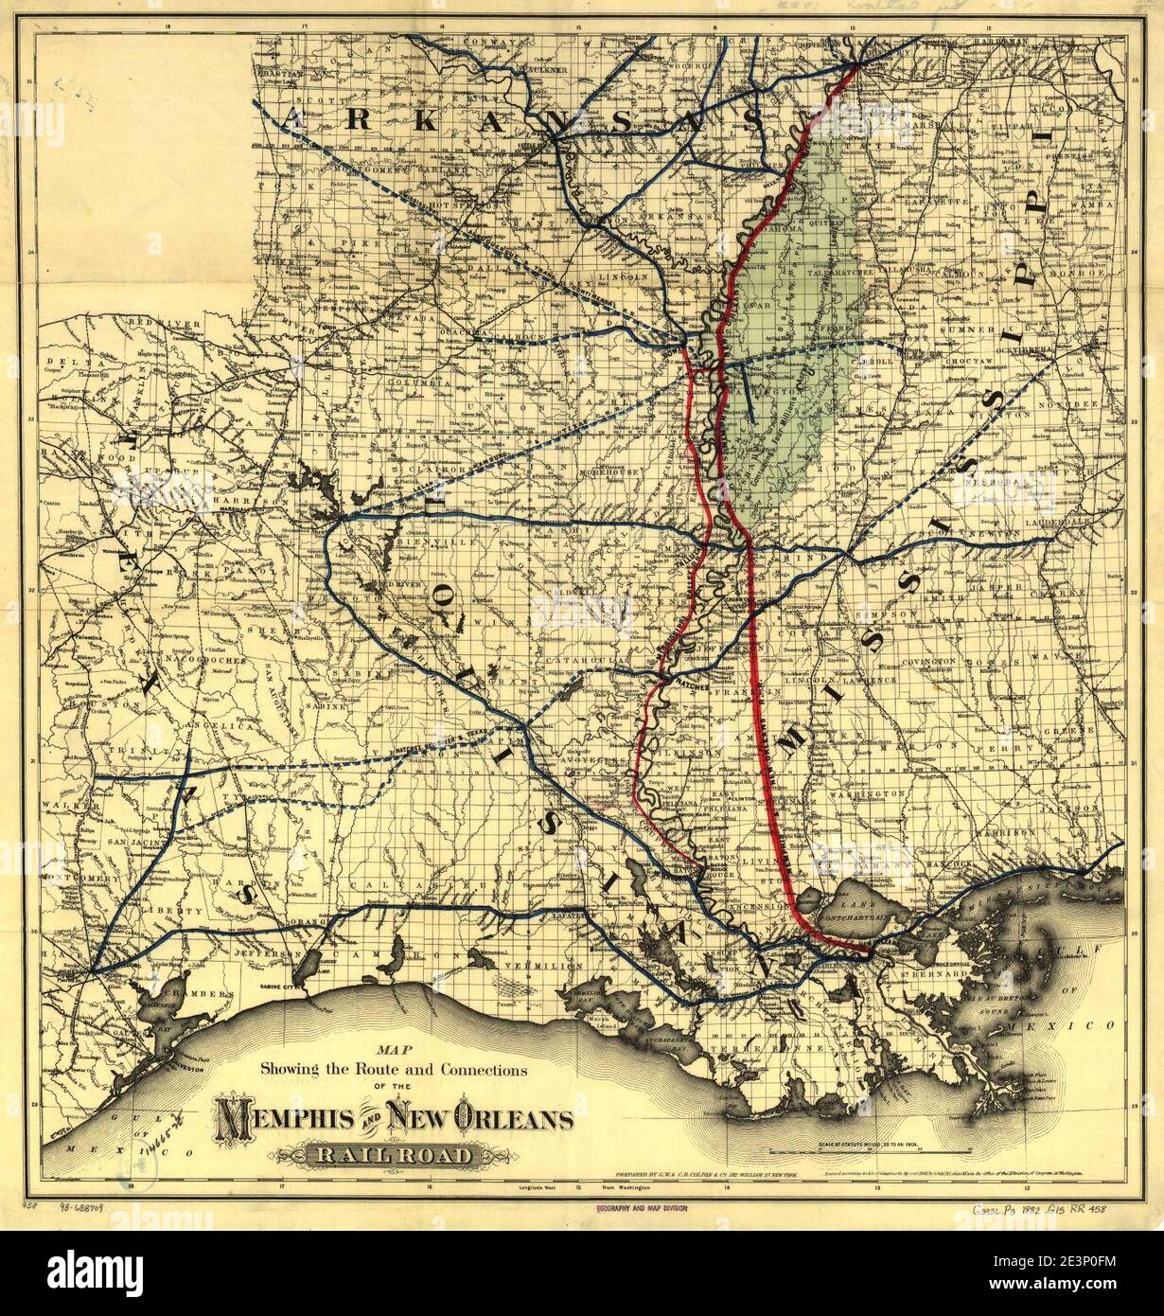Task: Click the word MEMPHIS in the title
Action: pyautogui.click(x=283, y=1120)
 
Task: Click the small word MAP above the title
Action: pyautogui.click(x=389, y=1049)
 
